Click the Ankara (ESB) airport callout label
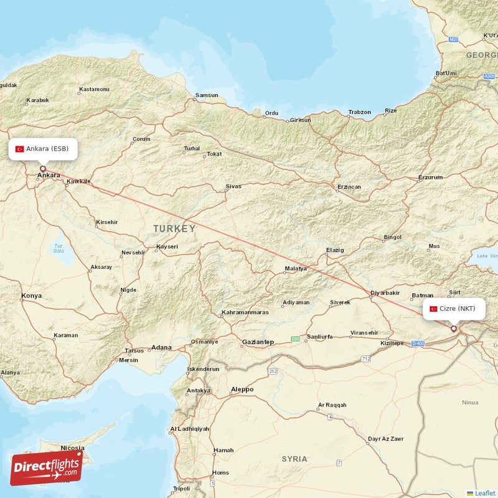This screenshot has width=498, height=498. (43, 149)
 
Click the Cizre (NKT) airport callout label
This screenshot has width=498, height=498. (453, 309)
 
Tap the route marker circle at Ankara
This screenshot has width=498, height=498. (43, 169)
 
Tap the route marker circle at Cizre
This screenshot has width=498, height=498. (454, 329)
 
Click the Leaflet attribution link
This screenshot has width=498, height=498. (484, 493)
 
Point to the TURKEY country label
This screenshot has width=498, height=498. (174, 229)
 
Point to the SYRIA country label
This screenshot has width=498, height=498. (294, 459)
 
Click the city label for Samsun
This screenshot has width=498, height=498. (207, 96)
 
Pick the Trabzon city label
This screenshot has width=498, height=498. (359, 113)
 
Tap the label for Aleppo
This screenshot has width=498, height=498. (242, 390)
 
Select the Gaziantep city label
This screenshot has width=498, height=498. (258, 342)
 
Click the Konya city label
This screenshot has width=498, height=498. (31, 296)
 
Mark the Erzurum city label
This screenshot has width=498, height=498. (430, 177)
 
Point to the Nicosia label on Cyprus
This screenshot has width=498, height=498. (72, 448)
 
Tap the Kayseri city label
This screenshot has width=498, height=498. (167, 247)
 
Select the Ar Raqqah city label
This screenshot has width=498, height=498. (331, 405)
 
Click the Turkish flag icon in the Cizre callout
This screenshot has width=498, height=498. (434, 309)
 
